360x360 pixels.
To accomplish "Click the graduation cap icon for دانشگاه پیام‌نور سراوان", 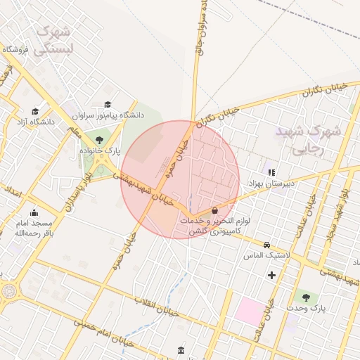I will [108, 105].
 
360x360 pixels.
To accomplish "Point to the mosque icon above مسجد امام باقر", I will [34, 213].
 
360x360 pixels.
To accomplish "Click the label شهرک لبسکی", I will [55, 40].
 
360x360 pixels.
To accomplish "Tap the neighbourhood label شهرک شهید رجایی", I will [308, 139].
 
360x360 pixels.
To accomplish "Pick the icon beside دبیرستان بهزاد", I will [271, 172].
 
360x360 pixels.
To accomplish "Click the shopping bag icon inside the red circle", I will [214, 210].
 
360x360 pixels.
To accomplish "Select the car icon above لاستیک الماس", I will [266, 245].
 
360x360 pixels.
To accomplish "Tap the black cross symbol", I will [272, 274].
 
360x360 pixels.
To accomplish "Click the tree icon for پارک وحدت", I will [304, 296].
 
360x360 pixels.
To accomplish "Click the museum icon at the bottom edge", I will [181, 350].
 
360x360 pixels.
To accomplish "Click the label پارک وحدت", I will [304, 308].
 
